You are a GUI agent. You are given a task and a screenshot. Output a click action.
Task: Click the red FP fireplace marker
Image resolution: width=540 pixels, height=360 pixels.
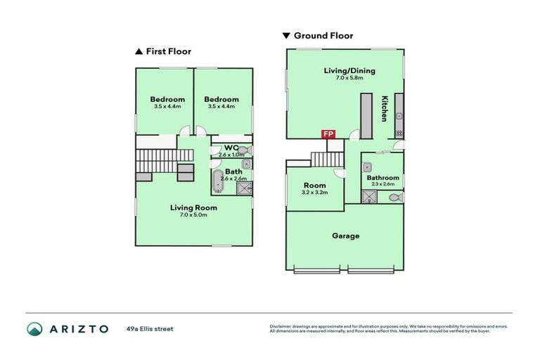coord(328,134)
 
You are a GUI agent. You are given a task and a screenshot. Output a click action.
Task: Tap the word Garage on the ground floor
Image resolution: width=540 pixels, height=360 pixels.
coord(345,236)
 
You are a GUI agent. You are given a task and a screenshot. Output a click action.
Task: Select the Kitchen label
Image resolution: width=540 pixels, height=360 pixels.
coord(385,108)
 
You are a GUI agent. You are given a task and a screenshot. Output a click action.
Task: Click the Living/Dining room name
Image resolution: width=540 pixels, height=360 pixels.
coord(349,70)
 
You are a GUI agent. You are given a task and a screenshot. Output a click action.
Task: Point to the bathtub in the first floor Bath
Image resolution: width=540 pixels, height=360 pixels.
coord(217,181)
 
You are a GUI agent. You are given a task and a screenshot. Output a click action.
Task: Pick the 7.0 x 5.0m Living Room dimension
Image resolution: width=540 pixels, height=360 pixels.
coord(193,215)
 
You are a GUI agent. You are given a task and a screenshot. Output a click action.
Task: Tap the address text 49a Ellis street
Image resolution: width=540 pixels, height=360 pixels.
coord(150,328)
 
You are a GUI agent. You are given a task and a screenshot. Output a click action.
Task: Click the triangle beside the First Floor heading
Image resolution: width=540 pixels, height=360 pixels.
coord(139,51)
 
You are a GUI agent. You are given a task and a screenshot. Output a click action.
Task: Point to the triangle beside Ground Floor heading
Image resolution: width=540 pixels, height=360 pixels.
coord(285,35)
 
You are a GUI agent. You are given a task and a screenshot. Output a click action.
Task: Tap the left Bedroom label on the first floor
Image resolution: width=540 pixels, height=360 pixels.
coord(167,99)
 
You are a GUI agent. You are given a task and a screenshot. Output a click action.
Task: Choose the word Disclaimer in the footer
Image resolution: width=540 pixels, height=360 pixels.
coord(281,326)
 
